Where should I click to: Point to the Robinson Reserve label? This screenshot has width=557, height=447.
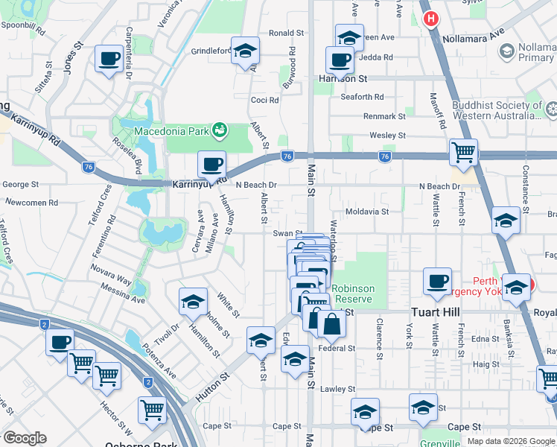pyautogui.click(x=352, y=294)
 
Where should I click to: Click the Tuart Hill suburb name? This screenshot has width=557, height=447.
pyautogui.click(x=436, y=313)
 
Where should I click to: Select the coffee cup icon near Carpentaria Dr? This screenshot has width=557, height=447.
pyautogui.click(x=109, y=59)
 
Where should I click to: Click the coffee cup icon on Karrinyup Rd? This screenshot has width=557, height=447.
pyautogui.click(x=211, y=164)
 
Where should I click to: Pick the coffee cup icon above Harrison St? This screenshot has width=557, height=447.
pyautogui.click(x=340, y=60)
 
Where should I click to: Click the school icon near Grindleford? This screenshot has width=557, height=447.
pyautogui.click(x=245, y=51)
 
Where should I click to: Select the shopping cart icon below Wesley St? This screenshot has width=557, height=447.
pyautogui.click(x=464, y=152)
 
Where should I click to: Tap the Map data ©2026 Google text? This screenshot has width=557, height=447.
pyautogui.click(x=510, y=441)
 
